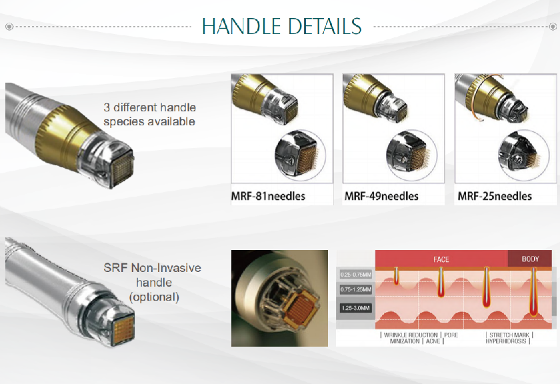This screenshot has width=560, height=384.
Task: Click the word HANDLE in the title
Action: click(241, 26)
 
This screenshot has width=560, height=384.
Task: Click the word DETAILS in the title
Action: click(325, 26)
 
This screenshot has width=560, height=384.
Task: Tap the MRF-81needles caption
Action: click(268, 196)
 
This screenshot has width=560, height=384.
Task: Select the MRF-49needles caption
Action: click(381, 196)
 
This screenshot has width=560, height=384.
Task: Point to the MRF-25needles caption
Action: click(495, 196)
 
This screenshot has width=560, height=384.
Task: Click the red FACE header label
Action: click(441, 259)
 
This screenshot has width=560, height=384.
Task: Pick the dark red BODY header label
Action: click(531, 259)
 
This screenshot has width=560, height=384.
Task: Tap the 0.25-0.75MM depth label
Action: click(356, 275)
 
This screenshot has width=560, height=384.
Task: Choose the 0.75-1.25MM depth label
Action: click(356, 289)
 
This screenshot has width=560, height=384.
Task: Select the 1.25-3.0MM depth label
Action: click(356, 308)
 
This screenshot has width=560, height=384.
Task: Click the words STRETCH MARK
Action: click(509, 335)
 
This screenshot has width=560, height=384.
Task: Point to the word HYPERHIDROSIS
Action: click(506, 341)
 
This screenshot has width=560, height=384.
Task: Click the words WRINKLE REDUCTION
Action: click(411, 335)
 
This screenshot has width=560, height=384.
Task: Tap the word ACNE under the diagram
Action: click(433, 341)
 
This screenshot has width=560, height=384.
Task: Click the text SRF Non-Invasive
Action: click(152, 268)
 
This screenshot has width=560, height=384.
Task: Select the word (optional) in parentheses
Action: click(154, 297)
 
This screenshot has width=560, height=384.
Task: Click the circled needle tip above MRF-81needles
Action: click(300, 154)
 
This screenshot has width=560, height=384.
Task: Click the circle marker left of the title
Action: click(9, 27)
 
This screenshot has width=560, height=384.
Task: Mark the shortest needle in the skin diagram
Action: click(396, 275)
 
